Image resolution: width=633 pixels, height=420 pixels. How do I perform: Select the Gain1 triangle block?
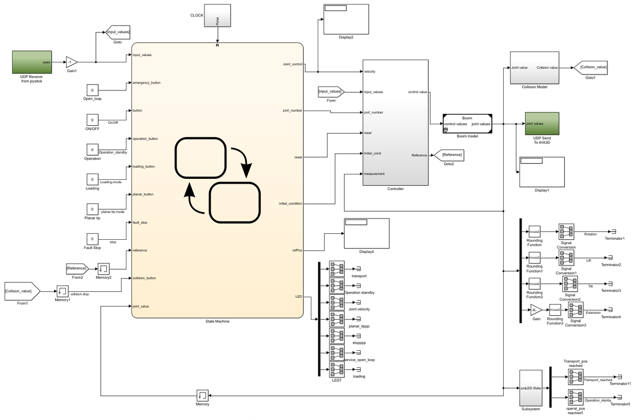tap(71, 62)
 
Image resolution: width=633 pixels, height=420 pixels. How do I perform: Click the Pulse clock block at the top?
tap(218, 16)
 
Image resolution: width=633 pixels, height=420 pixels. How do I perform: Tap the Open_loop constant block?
tap(92, 90)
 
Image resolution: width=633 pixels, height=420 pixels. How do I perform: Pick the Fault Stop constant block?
tap(92, 239)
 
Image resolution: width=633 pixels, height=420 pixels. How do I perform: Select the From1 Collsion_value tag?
tap(22, 291)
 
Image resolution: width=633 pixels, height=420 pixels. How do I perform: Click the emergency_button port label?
tap(147, 83)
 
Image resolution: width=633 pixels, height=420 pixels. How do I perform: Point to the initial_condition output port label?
tap(290, 203)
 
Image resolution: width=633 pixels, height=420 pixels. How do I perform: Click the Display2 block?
tap(346, 19)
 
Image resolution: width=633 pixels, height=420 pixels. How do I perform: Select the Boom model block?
tap(467, 124)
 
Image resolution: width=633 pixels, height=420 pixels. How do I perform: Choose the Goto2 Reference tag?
tap(448, 155)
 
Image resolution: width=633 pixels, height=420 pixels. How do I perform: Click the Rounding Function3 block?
tap(555, 310)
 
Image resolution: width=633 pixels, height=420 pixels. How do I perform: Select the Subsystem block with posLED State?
tap(530, 388)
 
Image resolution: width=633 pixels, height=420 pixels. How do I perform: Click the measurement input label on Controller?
tap(374, 173)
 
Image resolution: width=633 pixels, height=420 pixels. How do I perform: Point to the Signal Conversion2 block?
tap(570, 284)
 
